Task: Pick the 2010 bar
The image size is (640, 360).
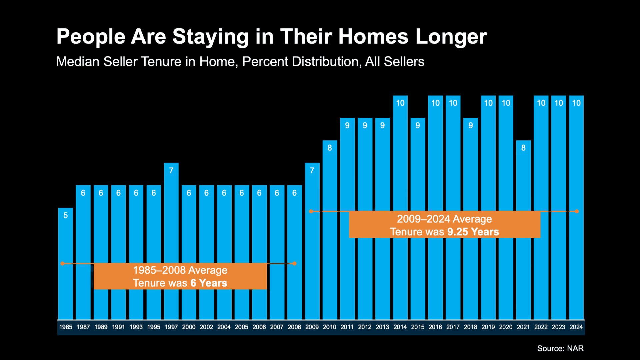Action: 330,233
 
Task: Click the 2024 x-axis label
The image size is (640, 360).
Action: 576,327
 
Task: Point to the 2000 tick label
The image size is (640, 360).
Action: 189,327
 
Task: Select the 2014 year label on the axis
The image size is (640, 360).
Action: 400,327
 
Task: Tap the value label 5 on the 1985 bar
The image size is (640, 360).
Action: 66,215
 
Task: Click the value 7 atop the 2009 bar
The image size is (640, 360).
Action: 312,171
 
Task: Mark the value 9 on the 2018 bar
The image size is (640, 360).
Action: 471,126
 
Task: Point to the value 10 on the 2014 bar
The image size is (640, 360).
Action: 400,103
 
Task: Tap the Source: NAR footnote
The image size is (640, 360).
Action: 560,348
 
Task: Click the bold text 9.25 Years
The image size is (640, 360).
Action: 473,232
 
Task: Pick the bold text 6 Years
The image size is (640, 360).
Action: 209,283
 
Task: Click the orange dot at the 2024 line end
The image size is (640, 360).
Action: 577,211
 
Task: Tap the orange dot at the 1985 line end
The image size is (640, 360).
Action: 62,264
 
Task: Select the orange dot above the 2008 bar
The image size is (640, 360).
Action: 294,264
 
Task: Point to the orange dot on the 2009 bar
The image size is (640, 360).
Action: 311,211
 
